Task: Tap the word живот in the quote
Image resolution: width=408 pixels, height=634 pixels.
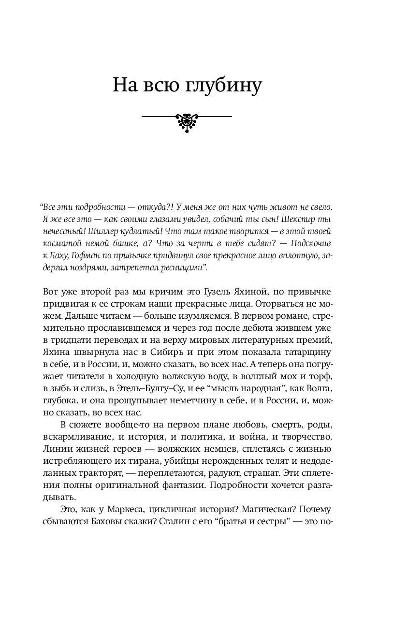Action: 274,206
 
